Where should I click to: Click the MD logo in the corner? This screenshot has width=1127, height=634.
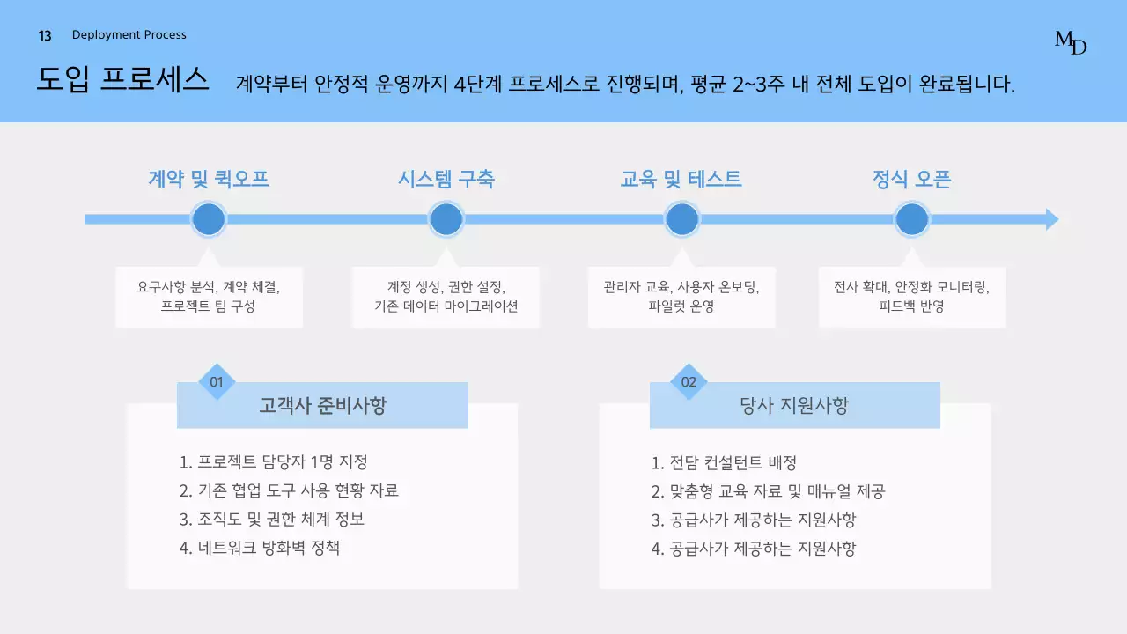1071,41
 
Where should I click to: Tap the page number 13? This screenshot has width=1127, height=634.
45,35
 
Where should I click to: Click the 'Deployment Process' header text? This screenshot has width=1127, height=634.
129,35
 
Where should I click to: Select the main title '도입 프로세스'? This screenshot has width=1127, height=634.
122,79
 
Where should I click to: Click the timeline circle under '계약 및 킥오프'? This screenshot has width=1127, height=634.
209,219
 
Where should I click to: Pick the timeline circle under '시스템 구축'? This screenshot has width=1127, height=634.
446,219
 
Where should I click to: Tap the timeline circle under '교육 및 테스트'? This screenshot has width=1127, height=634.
681,219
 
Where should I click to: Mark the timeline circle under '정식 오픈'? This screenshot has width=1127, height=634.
912,219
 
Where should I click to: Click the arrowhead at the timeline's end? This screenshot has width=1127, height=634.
1051,219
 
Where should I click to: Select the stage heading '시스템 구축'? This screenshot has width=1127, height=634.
446,180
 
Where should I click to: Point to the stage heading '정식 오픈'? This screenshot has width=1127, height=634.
912,180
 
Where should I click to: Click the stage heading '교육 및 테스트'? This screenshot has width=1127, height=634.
681,180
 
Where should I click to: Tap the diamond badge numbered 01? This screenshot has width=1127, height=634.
217,382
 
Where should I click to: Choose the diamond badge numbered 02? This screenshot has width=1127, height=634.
689,382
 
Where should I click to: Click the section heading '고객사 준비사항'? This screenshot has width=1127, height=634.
323,405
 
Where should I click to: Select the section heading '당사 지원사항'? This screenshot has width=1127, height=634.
795,405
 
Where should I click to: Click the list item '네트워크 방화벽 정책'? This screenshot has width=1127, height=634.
260,548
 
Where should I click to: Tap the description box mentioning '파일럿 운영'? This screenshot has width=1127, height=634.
681,297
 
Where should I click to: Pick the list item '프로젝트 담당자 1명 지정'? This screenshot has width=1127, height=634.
273,462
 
